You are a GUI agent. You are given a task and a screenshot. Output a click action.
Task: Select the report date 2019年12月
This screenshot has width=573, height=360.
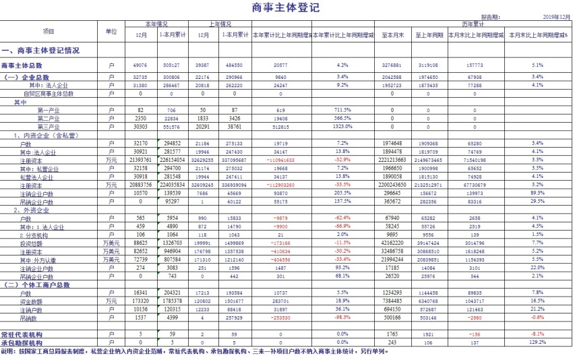(556, 18)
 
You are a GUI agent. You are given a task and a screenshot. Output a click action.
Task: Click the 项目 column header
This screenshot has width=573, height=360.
(48, 32)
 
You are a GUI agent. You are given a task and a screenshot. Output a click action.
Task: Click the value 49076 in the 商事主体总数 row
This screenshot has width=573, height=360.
(141, 65)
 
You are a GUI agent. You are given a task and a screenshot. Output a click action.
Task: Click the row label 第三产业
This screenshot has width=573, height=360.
(49, 127)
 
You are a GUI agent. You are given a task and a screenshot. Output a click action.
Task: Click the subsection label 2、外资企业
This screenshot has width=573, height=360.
(33, 210)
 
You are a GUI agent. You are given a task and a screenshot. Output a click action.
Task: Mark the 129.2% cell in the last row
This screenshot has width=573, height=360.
(537, 342)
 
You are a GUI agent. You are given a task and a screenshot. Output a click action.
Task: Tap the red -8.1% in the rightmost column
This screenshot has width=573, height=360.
(537, 334)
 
